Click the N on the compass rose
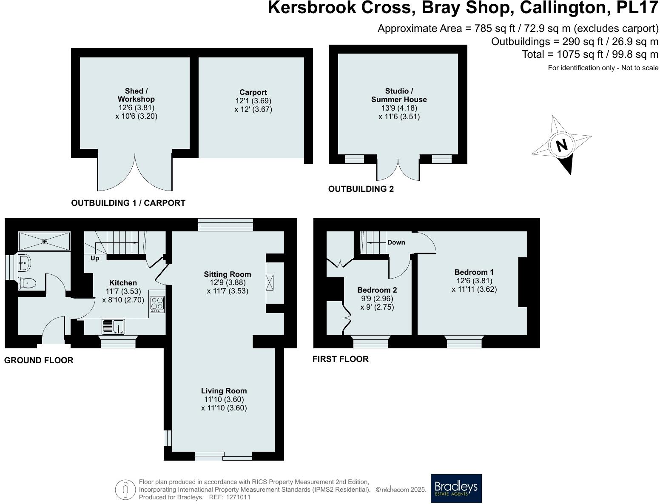562,145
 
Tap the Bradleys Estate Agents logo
456,488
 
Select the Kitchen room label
123,283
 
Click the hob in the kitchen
157,305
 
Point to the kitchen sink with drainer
113,327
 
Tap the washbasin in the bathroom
24,263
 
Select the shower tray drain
45,241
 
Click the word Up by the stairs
95,258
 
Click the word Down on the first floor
396,242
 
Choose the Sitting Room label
228,274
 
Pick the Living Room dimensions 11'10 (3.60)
224,399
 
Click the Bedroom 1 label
474,272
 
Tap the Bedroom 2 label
377,290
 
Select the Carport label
253,92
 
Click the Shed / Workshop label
136,95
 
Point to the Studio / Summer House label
399,95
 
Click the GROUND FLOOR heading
39,360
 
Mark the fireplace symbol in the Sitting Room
270,283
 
